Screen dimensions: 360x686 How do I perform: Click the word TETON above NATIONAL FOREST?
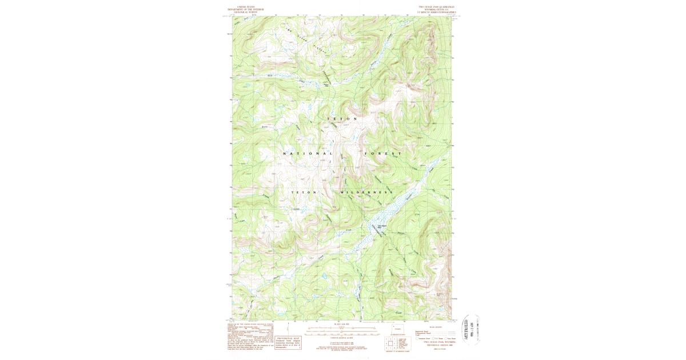pos(342,119)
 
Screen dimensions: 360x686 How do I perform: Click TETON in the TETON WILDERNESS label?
pos(304,193)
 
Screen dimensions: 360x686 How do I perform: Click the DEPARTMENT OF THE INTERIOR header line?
pos(246,10)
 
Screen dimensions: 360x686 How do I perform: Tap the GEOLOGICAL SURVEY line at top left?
pos(246,13)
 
